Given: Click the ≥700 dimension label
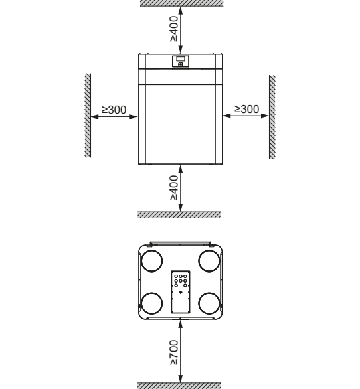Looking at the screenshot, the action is pyautogui.click(x=174, y=352).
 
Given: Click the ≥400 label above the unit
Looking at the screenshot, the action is pyautogui.click(x=174, y=29).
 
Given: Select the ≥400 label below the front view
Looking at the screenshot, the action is pyautogui.click(x=174, y=187).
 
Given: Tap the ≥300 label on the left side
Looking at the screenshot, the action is pyautogui.click(x=114, y=110).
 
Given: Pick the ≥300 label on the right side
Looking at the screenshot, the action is pyautogui.click(x=247, y=109).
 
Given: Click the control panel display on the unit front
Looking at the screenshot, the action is pyautogui.click(x=181, y=62).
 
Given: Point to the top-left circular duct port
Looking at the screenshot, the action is pyautogui.click(x=152, y=261).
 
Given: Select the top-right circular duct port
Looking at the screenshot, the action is pyautogui.click(x=209, y=261).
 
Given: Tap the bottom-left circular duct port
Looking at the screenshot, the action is pyautogui.click(x=152, y=303).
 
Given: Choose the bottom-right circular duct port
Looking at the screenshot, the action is pyautogui.click(x=209, y=303).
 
